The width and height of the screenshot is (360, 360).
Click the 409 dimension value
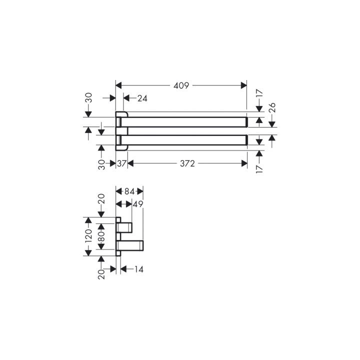pyautogui.click(x=181, y=85)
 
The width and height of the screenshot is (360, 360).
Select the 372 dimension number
pyautogui.click(x=187, y=163)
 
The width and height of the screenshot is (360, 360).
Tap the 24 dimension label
pyautogui.click(x=142, y=98)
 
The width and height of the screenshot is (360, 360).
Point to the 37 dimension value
pyautogui.click(x=122, y=163)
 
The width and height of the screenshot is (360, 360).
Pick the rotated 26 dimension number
pyautogui.click(x=272, y=107)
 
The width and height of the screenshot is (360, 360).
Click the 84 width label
pyautogui.click(x=129, y=191)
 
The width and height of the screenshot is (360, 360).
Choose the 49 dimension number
pyautogui.click(x=138, y=204)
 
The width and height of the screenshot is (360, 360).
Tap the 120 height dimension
pyautogui.click(x=88, y=236)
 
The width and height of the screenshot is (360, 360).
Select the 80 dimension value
pyautogui.click(x=101, y=236)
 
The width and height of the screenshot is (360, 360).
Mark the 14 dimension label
pyautogui.click(x=138, y=269)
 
